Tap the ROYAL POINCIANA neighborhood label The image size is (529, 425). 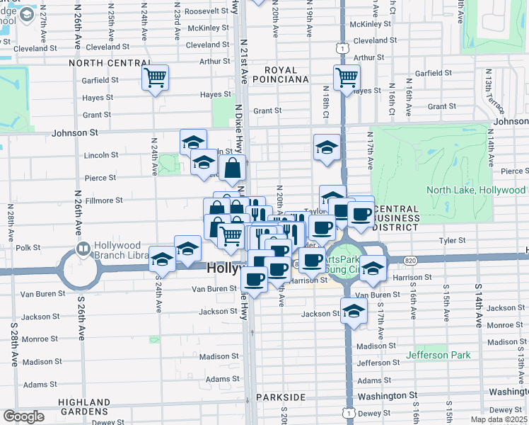[x=287, y=74]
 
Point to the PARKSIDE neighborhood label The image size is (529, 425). [x=284, y=397]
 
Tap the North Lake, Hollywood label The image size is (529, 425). [x=475, y=190]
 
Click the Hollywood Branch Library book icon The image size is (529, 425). [x=83, y=249]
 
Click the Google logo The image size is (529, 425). [x=23, y=416]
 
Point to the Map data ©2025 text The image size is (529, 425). [x=499, y=419]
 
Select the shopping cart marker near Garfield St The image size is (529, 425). [x=155, y=77]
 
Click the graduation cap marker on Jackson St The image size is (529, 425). [x=354, y=310]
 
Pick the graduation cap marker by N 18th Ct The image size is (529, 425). [x=326, y=147]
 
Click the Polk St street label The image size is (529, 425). [x=27, y=247]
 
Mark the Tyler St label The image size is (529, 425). [x=450, y=241]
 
